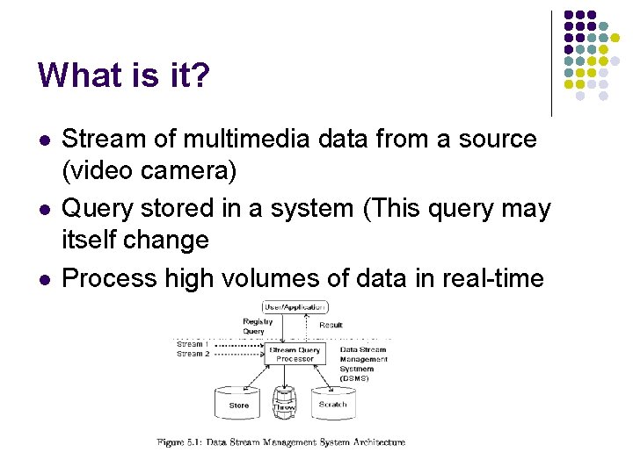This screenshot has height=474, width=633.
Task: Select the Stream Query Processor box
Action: [295, 354]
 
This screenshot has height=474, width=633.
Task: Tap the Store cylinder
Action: [238, 403]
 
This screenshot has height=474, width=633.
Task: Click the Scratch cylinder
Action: [332, 403]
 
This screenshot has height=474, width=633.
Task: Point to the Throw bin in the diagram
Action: [285, 405]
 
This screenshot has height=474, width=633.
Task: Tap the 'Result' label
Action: [331, 325]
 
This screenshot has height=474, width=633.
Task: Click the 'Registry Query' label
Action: [258, 327]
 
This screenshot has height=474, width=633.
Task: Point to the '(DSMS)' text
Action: [354, 378]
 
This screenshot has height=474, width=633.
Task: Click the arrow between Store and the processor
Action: [255, 376]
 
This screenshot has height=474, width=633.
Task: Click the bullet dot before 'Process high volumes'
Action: [45, 279]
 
